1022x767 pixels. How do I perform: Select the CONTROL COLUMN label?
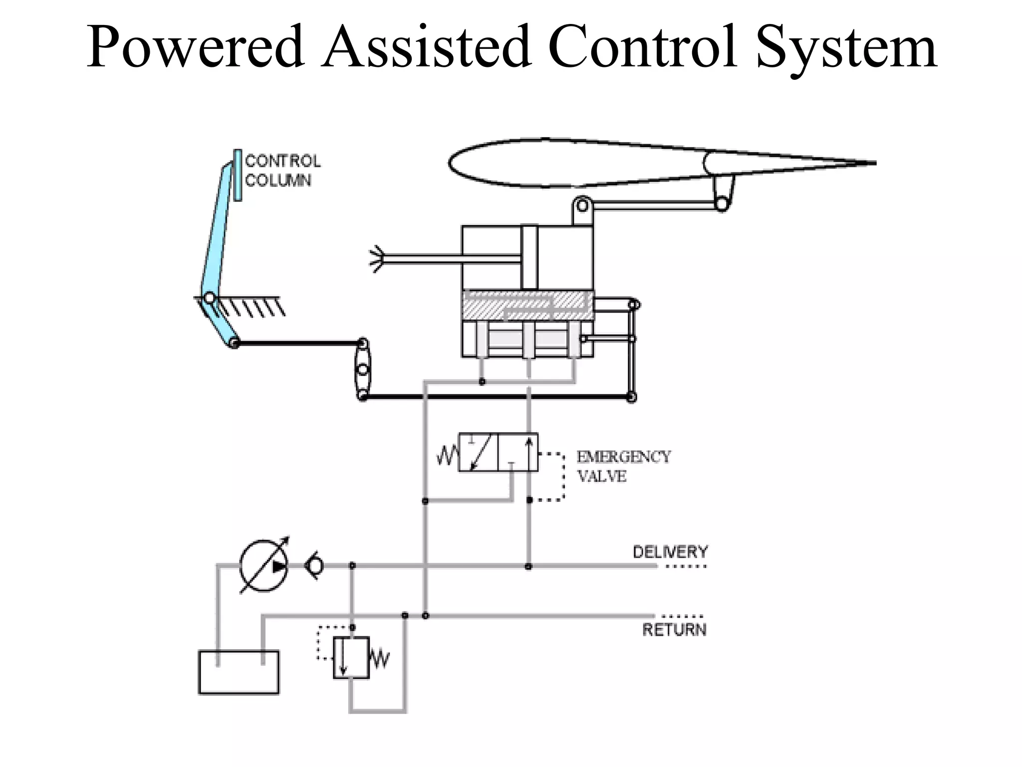282,171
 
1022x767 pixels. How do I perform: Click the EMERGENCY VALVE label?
623,466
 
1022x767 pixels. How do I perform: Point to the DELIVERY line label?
670,552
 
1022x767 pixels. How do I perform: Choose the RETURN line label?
674,630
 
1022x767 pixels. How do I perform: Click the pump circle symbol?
263,566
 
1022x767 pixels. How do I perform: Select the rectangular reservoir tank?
239,672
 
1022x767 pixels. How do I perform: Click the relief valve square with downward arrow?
351,657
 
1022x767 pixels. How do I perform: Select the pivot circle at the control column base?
210,298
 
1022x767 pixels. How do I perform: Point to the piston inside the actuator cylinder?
529,258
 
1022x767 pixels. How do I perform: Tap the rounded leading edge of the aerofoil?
452,162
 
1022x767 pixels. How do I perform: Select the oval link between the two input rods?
363,370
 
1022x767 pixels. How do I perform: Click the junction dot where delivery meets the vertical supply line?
528,566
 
